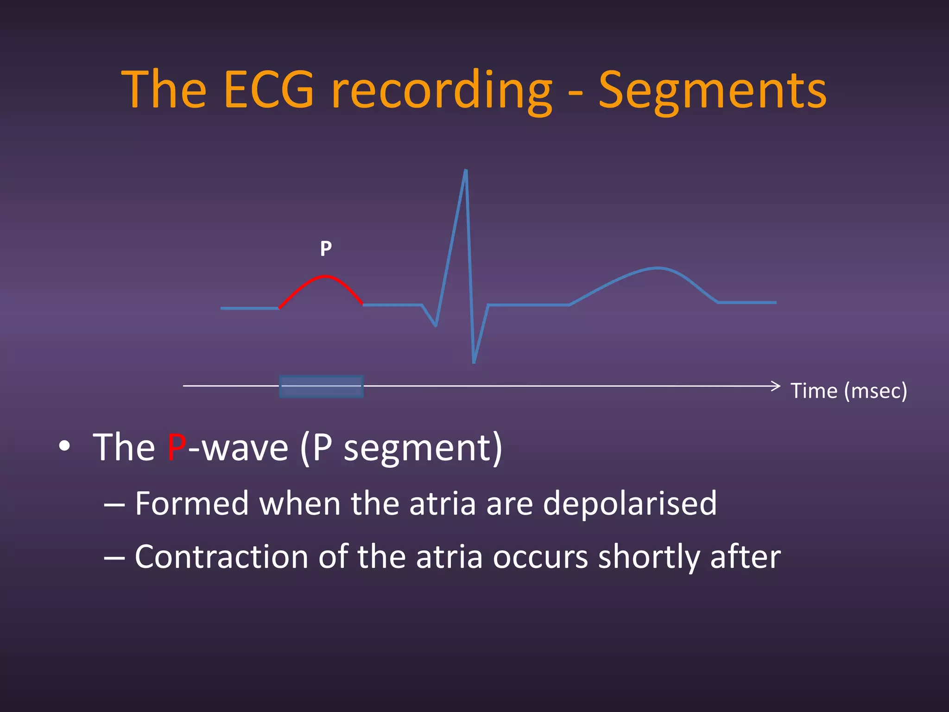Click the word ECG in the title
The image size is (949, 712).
pyautogui.click(x=269, y=89)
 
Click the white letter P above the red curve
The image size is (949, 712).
pyautogui.click(x=326, y=249)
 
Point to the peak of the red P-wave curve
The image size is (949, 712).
pyautogui.click(x=325, y=277)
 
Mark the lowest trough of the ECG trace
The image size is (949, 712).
pyautogui.click(x=474, y=362)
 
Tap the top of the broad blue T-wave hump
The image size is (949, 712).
pyautogui.click(x=658, y=268)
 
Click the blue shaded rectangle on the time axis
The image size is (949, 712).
pyautogui.click(x=321, y=387)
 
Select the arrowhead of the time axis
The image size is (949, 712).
pyautogui.click(x=777, y=386)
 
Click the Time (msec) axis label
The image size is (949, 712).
pyautogui.click(x=848, y=391)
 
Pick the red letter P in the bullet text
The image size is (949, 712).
pyautogui.click(x=177, y=447)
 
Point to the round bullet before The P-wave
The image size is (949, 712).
pyautogui.click(x=64, y=446)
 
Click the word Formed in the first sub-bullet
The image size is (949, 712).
pyautogui.click(x=192, y=503)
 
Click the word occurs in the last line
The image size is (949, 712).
pyautogui.click(x=540, y=557)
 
